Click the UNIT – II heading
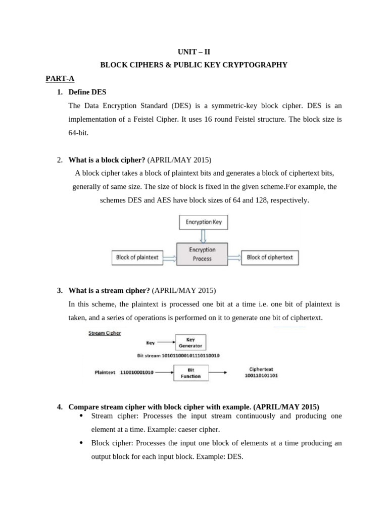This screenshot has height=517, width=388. click(x=194, y=51)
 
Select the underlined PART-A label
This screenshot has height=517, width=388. click(x=60, y=78)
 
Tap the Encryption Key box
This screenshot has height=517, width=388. click(x=204, y=222)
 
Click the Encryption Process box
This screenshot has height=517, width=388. click(x=202, y=254)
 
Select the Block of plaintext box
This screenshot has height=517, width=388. click(x=137, y=257)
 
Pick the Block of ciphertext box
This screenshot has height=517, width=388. click(x=270, y=257)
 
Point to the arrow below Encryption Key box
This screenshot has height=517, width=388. click(x=203, y=236)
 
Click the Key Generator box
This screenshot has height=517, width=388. click(x=190, y=343)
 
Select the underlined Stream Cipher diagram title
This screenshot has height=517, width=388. click(x=105, y=333)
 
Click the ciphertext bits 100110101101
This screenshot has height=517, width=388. click(x=261, y=376)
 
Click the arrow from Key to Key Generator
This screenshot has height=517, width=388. click(x=165, y=342)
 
